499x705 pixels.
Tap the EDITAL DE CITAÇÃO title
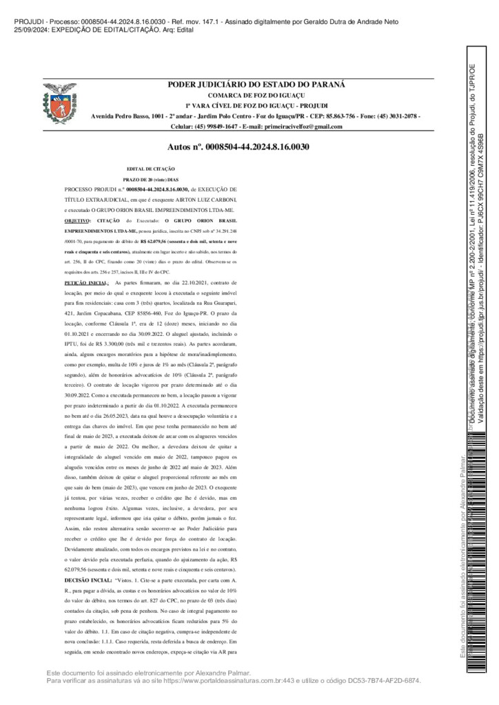(x=151, y=169)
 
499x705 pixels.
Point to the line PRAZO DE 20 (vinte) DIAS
(x=151, y=179)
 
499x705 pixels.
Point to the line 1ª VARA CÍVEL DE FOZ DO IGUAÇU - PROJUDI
(x=256, y=105)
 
